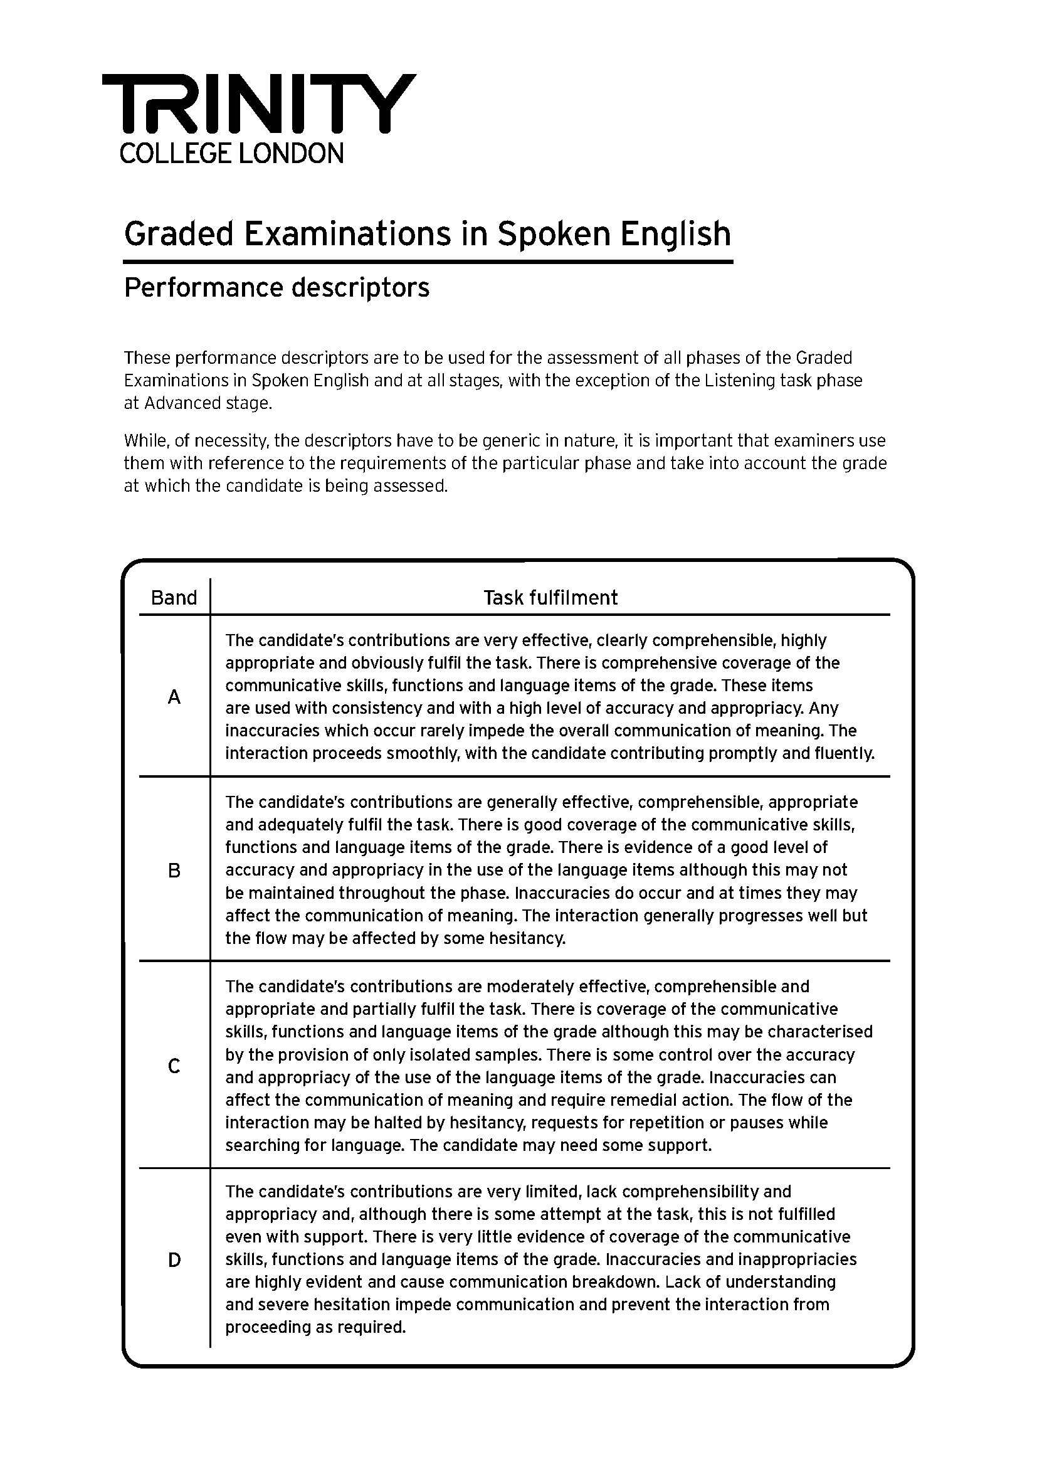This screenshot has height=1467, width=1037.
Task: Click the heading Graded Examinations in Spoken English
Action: [427, 234]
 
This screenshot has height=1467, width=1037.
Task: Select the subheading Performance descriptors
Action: [276, 287]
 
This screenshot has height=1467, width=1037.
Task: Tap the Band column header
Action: [174, 598]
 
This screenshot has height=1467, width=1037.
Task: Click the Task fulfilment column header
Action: [550, 598]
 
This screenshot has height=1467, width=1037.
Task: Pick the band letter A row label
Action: [174, 697]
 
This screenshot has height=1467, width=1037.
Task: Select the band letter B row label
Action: [174, 871]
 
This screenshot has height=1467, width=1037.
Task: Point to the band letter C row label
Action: [174, 1066]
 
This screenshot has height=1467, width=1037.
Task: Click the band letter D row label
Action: [174, 1260]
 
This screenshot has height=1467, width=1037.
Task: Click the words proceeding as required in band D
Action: [315, 1328]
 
